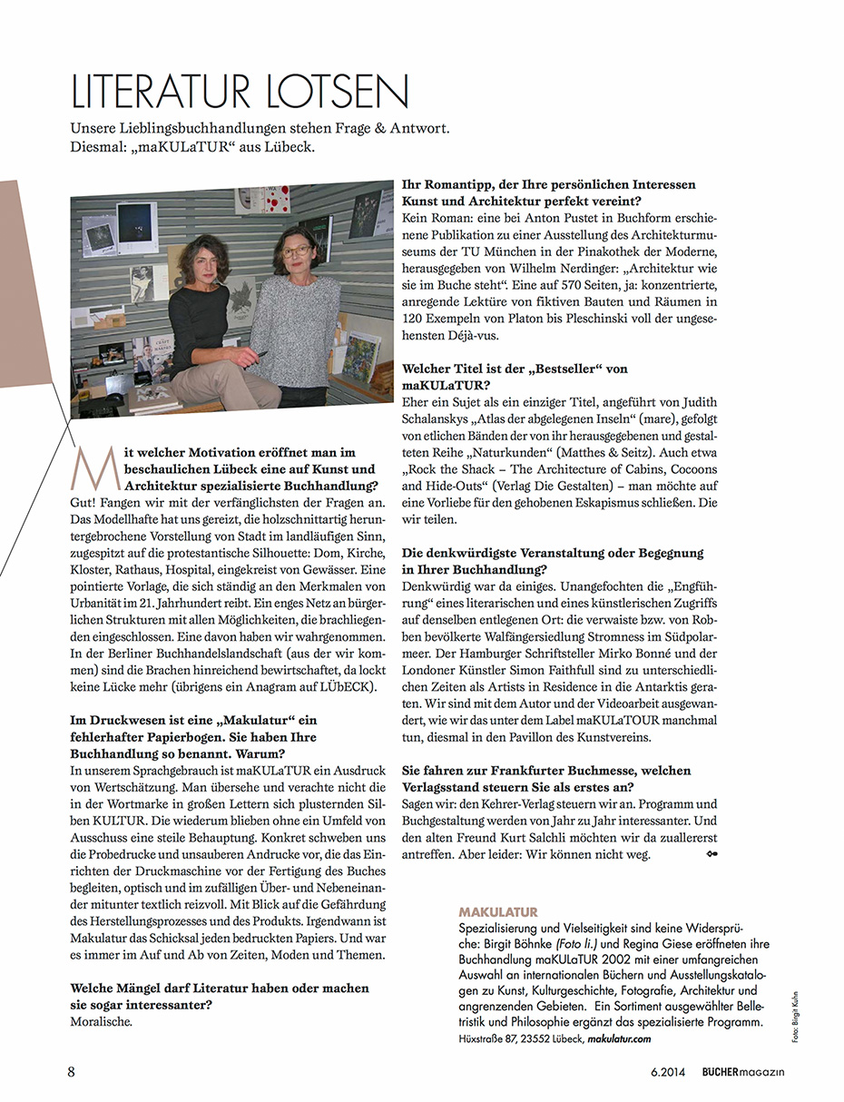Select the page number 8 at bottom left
(x=72, y=1071)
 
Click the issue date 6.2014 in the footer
(x=668, y=1072)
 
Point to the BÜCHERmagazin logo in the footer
(x=742, y=1072)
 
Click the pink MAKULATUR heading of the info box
(x=498, y=911)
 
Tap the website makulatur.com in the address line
(x=620, y=1038)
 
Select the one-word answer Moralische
(x=101, y=1021)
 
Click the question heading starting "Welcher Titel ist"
(x=514, y=369)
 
